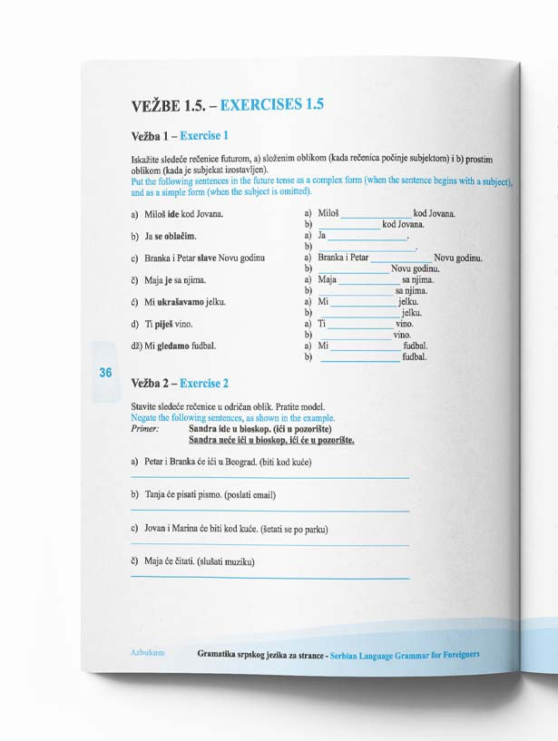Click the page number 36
[105, 373]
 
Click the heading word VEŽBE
[155, 105]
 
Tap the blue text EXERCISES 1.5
[272, 104]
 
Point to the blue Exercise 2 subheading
[204, 384]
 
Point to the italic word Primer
[145, 428]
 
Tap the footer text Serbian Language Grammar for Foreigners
[405, 654]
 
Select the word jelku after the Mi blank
[407, 301]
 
